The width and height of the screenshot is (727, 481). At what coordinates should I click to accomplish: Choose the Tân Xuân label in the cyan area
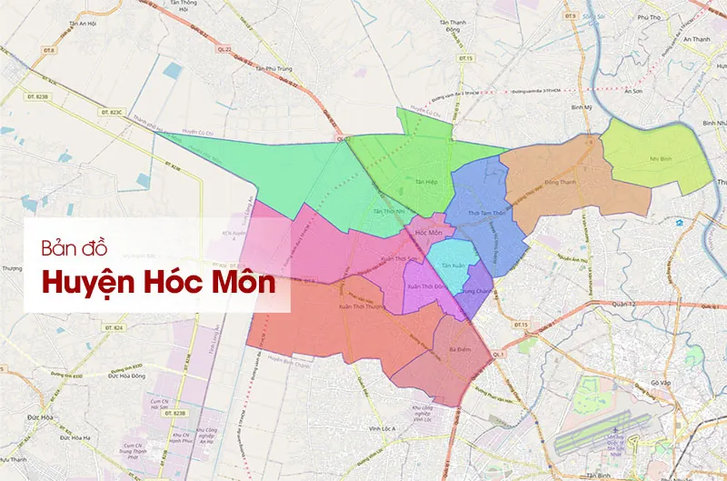(x=453, y=266)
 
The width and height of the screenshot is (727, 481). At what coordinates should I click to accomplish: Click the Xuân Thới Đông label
(x=425, y=286)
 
